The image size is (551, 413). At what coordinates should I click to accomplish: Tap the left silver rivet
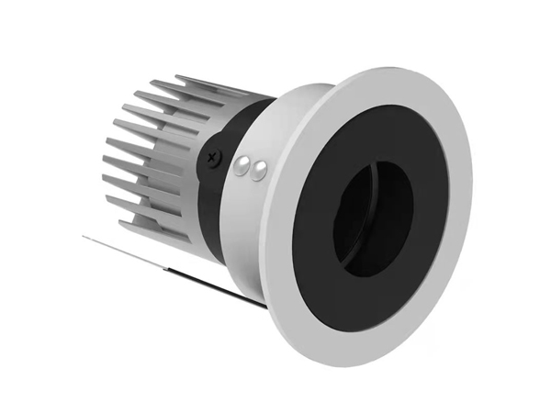pos(245,165)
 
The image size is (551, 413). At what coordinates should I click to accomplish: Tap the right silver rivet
pos(260,168)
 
